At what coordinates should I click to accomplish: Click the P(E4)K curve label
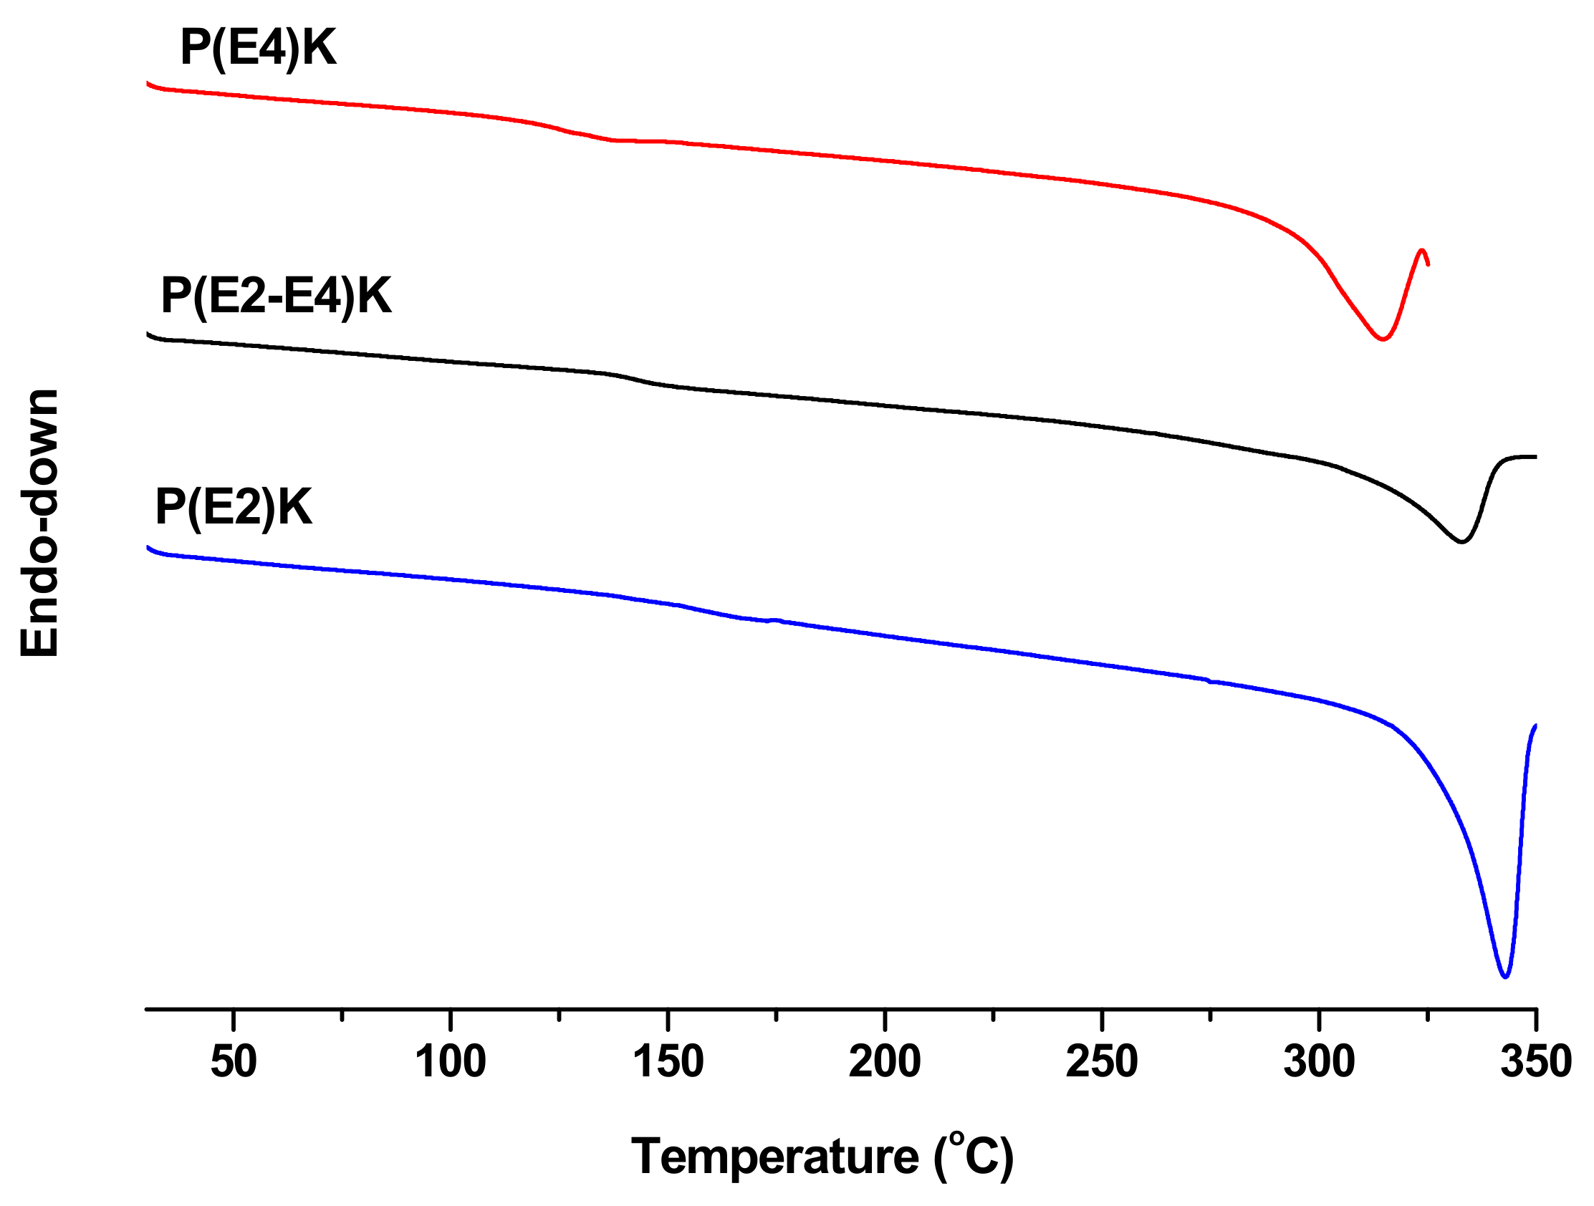click(x=258, y=49)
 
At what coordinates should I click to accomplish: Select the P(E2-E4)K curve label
click(x=276, y=295)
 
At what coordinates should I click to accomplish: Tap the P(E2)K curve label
click(x=234, y=507)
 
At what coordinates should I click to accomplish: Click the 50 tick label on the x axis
click(x=234, y=1062)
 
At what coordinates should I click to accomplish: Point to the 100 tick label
click(x=451, y=1062)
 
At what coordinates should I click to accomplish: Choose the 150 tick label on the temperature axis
click(x=668, y=1062)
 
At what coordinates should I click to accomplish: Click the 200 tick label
click(x=885, y=1062)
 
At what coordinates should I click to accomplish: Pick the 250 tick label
click(x=1102, y=1062)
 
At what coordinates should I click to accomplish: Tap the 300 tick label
click(x=1319, y=1062)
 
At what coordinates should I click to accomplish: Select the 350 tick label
click(x=1536, y=1062)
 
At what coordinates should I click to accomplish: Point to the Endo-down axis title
click(x=39, y=524)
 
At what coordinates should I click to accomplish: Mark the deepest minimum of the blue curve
click(x=1504, y=977)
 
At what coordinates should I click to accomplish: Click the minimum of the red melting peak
click(x=1382, y=339)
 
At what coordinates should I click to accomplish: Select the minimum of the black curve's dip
click(x=1461, y=541)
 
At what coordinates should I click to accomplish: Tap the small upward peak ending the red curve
click(x=1422, y=251)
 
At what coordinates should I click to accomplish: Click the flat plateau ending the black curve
click(x=1520, y=457)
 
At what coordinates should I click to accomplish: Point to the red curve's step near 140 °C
click(x=598, y=137)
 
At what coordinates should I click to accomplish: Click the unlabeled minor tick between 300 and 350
click(x=1428, y=1016)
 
